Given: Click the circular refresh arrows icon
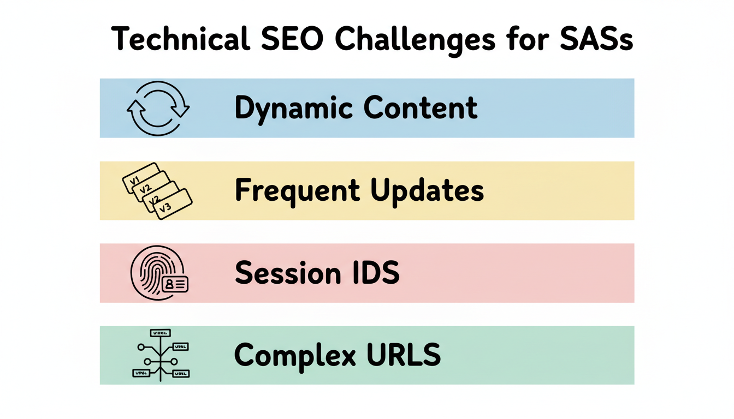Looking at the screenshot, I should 158,107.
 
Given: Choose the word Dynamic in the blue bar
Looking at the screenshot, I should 294,108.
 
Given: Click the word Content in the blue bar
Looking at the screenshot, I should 421,108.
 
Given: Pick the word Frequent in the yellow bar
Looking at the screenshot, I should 297,190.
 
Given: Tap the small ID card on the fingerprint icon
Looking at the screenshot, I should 175,284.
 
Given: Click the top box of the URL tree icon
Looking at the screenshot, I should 160,333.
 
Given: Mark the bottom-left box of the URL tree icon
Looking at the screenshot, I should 141,374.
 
